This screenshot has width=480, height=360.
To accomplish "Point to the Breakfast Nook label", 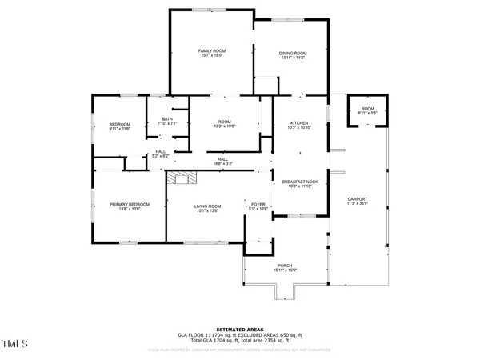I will pos(300,182).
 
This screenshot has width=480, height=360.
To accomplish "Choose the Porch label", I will pos(285,266).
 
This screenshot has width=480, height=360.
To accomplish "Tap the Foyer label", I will pos(258,205).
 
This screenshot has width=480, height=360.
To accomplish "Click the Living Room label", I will pos(208,206).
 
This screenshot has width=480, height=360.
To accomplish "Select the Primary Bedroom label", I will pos(125,205).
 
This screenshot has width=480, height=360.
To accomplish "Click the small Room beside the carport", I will pos(367,109).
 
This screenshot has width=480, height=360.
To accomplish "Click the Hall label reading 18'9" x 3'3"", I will pos(224,159).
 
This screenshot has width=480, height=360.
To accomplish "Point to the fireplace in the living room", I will pos(186,178).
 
